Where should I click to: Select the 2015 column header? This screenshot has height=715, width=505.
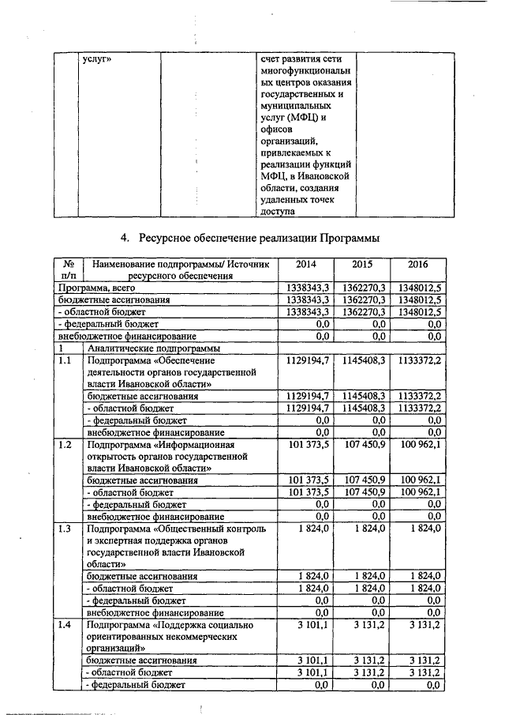(362, 264)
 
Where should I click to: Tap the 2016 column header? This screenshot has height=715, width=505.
(418, 264)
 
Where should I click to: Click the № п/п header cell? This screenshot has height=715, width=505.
(68, 269)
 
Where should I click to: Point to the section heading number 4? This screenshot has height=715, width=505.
(124, 237)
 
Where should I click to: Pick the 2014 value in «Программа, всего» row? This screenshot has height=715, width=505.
(310, 289)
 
